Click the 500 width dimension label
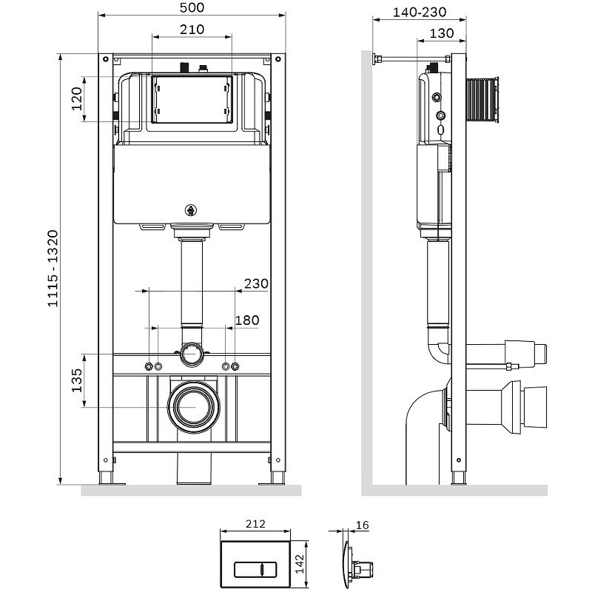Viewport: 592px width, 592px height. pos(192,7)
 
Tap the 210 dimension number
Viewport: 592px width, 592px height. pos(192,30)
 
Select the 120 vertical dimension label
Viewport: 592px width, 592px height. pos(77,99)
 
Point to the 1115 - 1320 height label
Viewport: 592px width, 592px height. pos(53,269)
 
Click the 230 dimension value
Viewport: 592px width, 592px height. pos(256,283)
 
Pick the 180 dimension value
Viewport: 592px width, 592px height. pos(247,320)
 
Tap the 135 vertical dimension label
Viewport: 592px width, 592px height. pos(77,380)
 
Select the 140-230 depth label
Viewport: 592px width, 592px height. pos(420,12)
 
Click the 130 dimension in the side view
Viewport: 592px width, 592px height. pos(441,33)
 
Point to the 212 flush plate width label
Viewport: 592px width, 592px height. pos(255,524)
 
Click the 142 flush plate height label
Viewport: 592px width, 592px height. pos(300,564)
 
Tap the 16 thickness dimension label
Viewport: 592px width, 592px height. pos(362,525)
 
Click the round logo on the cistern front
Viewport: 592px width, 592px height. pos(191,210)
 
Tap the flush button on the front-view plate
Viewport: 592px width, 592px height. pos(255,570)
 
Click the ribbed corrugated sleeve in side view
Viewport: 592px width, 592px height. pos(482,100)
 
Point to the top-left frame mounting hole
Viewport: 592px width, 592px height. pos(106,59)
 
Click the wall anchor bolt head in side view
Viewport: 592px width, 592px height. pos(375,59)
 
